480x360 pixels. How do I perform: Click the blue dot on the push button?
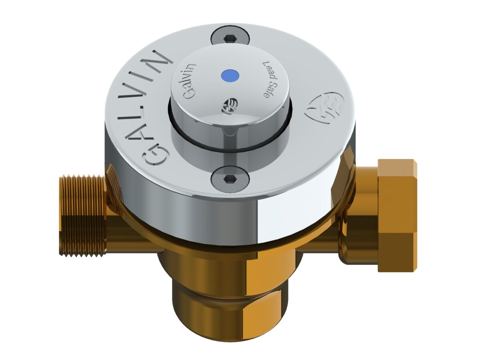tap(229, 75)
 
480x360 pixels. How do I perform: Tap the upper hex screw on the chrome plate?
tap(230, 38)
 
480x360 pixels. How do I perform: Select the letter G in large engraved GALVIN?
tap(155, 155)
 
